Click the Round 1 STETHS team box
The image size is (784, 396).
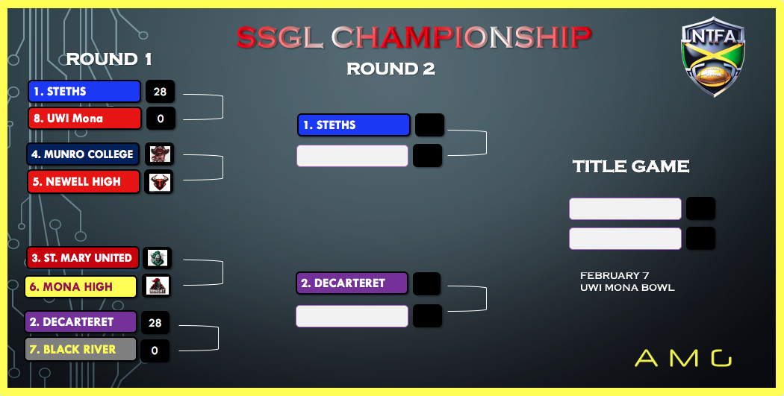84,92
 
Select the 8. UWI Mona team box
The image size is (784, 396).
84,119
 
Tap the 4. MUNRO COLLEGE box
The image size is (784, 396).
82,154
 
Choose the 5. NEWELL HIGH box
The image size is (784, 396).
84,181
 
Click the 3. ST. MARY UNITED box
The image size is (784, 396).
82,258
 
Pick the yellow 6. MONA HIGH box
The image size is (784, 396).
81,286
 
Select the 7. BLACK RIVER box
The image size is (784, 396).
81,349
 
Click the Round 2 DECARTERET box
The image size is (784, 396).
352,283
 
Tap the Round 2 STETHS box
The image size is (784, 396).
353,125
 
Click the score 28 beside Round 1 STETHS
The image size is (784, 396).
160,92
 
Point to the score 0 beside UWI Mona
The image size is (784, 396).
161,119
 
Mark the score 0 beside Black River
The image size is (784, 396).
155,351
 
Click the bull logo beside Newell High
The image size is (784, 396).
160,182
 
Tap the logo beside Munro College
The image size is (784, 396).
160,154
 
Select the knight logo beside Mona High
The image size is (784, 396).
157,286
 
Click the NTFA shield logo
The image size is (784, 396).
713,56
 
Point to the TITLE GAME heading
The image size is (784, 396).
630,166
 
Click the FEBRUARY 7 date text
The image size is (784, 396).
615,276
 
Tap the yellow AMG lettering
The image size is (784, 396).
683,358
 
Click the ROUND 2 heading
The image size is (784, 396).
391,69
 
